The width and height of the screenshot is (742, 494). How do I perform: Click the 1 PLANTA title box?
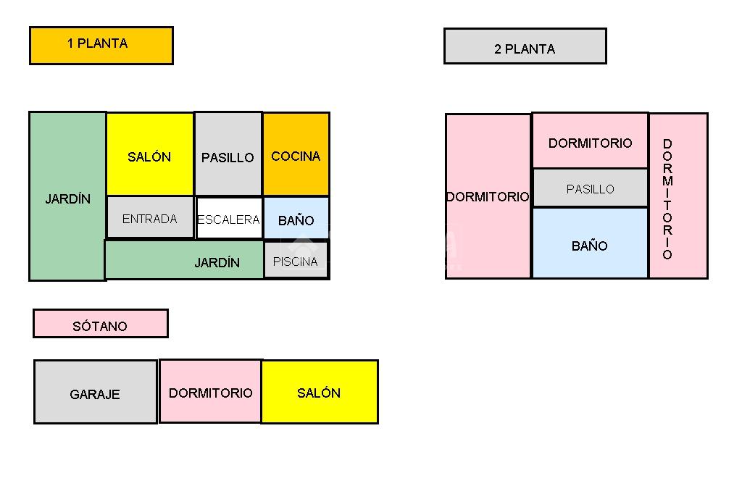pyautogui.click(x=101, y=45)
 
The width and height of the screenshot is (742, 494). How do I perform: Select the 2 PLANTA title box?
pyautogui.click(x=525, y=46)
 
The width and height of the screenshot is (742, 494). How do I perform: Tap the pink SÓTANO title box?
pyautogui.click(x=100, y=324)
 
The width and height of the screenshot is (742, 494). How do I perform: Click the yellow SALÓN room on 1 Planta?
pyautogui.click(x=150, y=154)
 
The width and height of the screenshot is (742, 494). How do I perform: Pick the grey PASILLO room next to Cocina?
pyautogui.click(x=228, y=154)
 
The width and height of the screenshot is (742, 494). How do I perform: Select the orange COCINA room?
pyautogui.click(x=296, y=154)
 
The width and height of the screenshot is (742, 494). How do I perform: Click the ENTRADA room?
pyautogui.click(x=150, y=217)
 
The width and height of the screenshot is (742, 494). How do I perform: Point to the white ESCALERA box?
pyautogui.click(x=228, y=218)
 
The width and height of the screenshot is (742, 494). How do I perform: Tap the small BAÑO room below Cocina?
pyautogui.click(x=296, y=218)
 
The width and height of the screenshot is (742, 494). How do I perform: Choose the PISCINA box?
pyautogui.click(x=296, y=260)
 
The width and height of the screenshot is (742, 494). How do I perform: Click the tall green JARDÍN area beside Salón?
pyautogui.click(x=67, y=196)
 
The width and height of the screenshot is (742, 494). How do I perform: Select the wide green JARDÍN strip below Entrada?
pyautogui.click(x=185, y=260)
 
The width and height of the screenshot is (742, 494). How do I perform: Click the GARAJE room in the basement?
pyautogui.click(x=95, y=392)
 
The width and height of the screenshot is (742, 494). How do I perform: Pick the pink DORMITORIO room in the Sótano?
pyautogui.click(x=210, y=391)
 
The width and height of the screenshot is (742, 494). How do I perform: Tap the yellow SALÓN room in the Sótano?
pyautogui.click(x=319, y=391)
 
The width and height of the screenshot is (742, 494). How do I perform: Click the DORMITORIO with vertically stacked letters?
pyautogui.click(x=678, y=196)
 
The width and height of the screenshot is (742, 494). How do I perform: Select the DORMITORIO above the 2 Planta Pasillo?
pyautogui.click(x=590, y=141)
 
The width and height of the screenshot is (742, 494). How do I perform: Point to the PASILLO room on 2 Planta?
pyautogui.click(x=590, y=188)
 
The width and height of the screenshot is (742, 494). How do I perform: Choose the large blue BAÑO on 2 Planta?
pyautogui.click(x=590, y=243)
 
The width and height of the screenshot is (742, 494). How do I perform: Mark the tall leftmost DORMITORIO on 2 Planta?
pyautogui.click(x=488, y=196)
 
